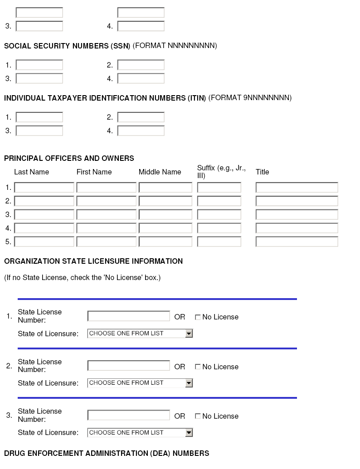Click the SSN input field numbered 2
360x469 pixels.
coord(141,65)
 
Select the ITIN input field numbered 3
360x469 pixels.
coord(39,131)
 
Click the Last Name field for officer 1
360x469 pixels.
coord(44,188)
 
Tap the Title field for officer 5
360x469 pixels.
coord(297,242)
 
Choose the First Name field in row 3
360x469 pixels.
coord(106,215)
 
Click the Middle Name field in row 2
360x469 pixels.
coord(165,201)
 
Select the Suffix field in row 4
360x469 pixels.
coord(219,228)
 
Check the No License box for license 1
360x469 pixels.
coord(198,317)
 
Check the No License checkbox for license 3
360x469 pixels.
coord(198,416)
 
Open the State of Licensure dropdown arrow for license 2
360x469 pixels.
coord(189,383)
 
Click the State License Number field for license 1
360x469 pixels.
coord(128,316)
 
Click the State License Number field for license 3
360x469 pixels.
coord(128,416)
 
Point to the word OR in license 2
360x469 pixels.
coord(180,367)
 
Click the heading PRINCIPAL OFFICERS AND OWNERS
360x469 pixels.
coord(69,159)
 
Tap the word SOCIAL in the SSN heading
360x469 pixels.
coord(18,46)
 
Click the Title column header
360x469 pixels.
coord(262,172)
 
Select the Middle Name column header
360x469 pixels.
coord(160,172)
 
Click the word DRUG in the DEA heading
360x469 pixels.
coord(14,454)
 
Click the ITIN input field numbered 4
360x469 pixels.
coord(141,131)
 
